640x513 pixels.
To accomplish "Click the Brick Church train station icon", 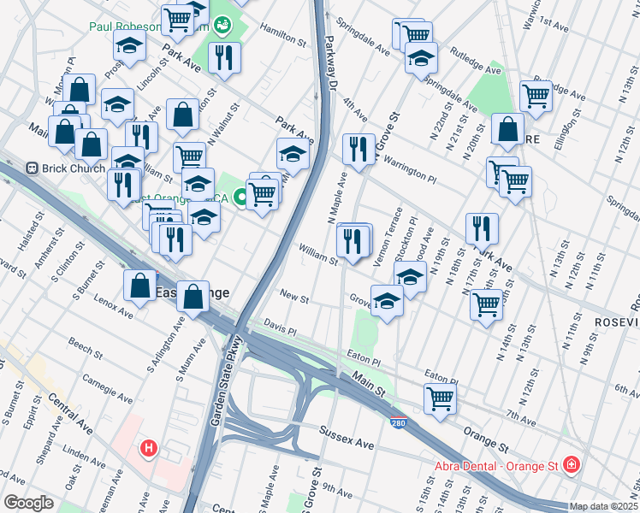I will tap(35, 168).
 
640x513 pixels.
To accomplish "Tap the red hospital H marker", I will tap(149, 447).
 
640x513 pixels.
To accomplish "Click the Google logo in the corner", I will tap(28, 502).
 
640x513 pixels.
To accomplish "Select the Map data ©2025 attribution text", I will tap(603, 506).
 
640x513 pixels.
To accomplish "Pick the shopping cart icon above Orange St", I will tap(440, 397).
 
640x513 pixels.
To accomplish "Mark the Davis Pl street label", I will tap(279, 328).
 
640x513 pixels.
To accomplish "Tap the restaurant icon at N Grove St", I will tap(359, 149).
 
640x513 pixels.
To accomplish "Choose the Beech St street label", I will tap(86, 348).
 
